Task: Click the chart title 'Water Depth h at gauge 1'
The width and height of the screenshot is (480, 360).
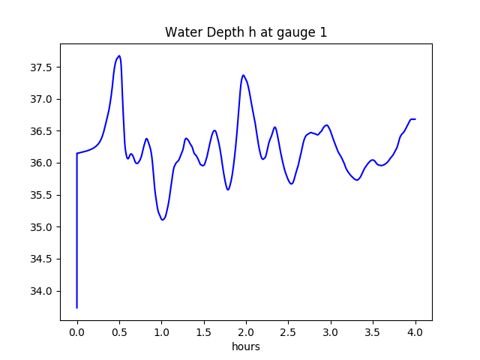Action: click(x=246, y=32)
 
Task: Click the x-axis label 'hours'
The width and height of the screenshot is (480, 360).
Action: click(x=246, y=346)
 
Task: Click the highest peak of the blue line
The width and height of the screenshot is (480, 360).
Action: click(x=119, y=55)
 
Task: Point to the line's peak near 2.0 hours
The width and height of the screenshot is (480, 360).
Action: click(x=243, y=75)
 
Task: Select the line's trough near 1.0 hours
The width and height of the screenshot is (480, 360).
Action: click(x=163, y=220)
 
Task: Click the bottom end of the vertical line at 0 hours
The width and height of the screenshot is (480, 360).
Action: click(x=77, y=307)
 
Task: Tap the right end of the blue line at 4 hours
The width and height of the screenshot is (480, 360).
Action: click(x=415, y=119)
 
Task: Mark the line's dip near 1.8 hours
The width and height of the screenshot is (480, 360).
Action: click(x=228, y=190)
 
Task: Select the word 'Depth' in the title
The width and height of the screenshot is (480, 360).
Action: click(x=216, y=33)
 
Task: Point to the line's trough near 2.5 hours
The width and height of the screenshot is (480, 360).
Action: click(x=291, y=184)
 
